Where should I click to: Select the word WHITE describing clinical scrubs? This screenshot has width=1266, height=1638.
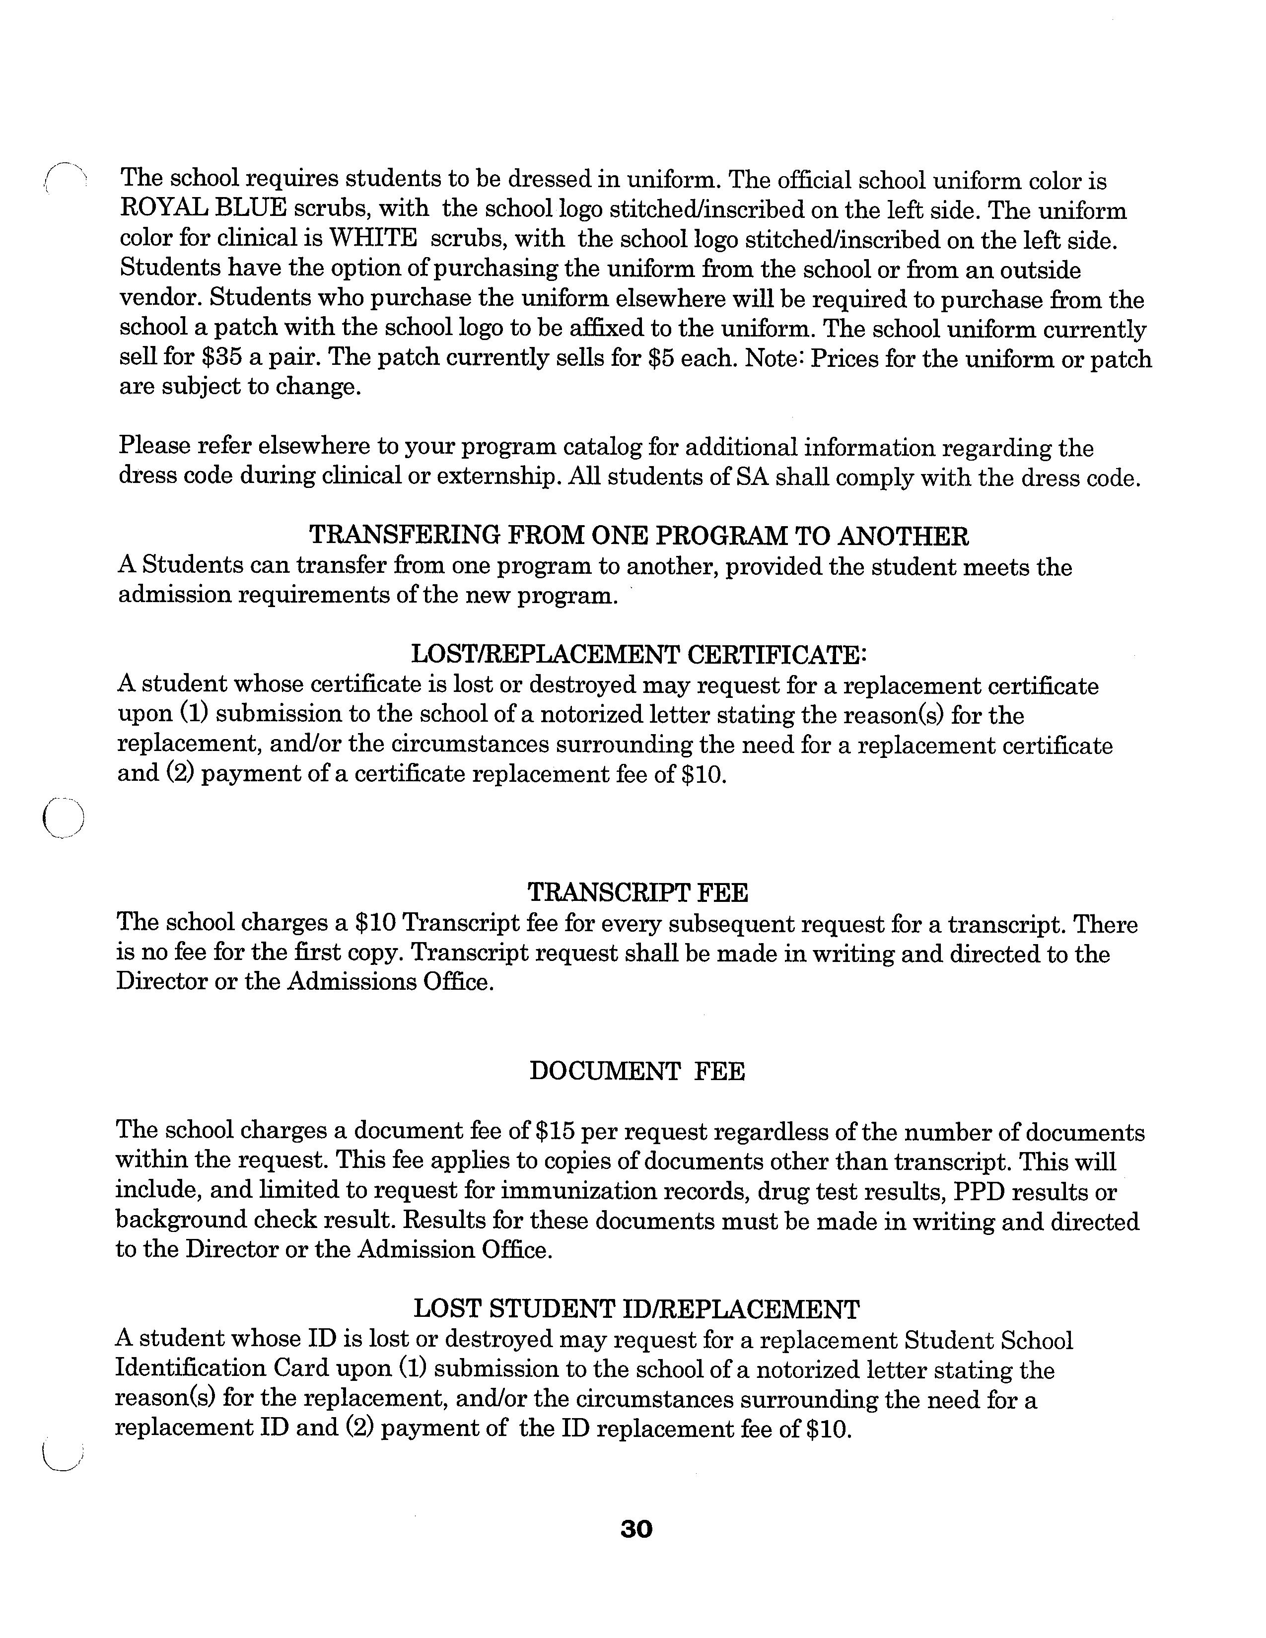pyautogui.click(x=373, y=238)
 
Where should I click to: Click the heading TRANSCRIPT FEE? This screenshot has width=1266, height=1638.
pyautogui.click(x=637, y=892)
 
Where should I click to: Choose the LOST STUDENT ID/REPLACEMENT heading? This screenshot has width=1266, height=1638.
pyautogui.click(x=636, y=1309)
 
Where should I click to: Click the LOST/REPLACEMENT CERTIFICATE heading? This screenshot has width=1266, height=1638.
pyautogui.click(x=638, y=654)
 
